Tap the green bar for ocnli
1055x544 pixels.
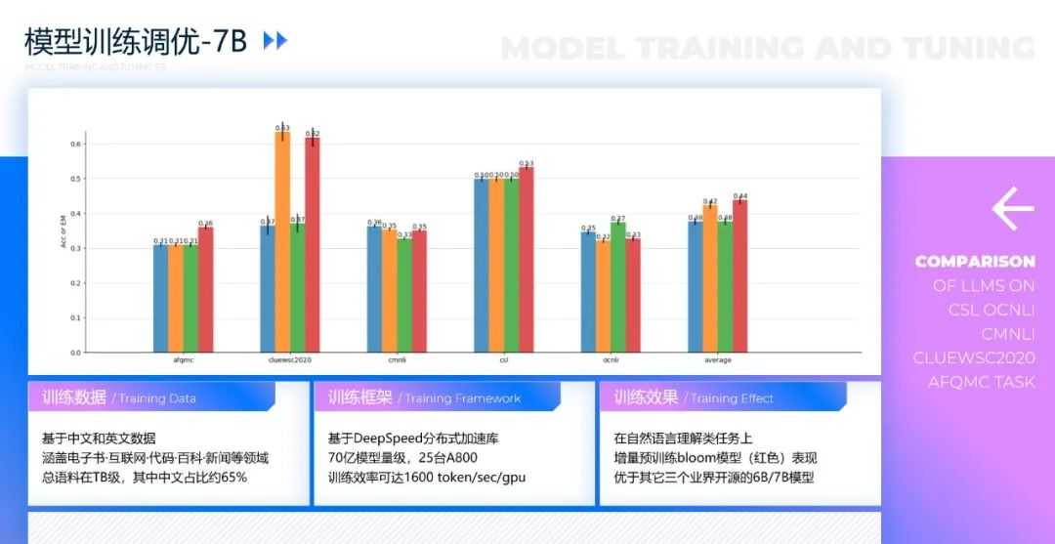[617, 287]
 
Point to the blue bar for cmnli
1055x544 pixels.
[374, 289]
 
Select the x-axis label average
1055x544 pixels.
[717, 360]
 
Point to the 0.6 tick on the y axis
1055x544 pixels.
[75, 145]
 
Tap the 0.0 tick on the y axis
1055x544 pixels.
[75, 353]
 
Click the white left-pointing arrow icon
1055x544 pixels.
[1013, 208]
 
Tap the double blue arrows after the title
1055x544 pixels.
[275, 41]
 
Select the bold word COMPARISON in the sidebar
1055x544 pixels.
[974, 262]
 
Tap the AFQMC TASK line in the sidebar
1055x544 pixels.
[981, 382]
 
